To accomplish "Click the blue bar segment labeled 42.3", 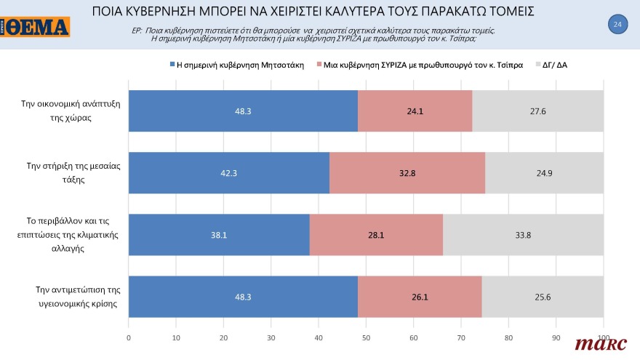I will point(228,173).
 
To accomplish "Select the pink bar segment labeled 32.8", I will point(407,173).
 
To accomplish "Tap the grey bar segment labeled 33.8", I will point(523,235).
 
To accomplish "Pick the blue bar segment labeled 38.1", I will point(219,235).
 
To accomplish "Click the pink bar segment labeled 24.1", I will point(415,111).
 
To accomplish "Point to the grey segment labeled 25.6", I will point(543,297).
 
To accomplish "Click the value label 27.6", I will point(538,111).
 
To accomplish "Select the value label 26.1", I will point(420,297).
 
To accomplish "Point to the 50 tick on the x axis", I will point(366,337).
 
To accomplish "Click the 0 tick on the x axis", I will point(129,337).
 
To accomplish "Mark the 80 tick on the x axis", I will point(508,337).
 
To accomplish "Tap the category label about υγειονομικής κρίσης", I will point(69,297).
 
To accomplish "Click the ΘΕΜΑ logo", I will point(36,27).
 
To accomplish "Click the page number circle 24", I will point(617,25).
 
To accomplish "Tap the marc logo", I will point(596,343).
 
